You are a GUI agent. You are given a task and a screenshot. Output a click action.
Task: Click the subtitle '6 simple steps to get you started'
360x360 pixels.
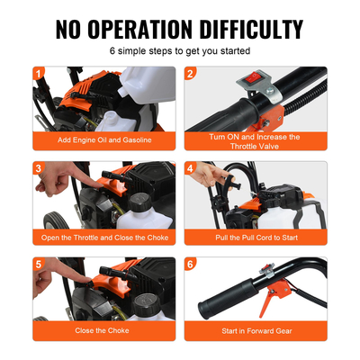point(180,52)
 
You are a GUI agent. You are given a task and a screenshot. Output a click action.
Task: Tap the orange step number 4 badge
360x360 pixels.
point(190,167)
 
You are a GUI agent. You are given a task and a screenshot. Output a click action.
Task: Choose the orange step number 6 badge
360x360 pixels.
point(190,264)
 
